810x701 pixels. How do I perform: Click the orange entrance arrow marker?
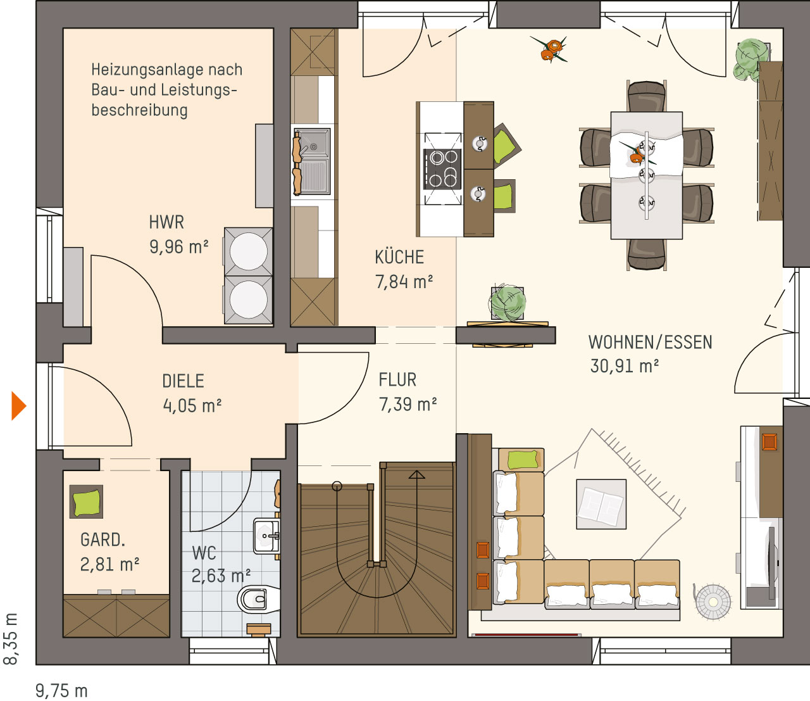tap(18, 406)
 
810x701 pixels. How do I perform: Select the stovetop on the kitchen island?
tap(443, 169)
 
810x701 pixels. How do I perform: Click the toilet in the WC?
tap(258, 598)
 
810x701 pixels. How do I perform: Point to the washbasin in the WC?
tap(266, 536)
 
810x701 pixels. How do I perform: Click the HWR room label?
tap(166, 222)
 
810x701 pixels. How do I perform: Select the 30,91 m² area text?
tap(624, 366)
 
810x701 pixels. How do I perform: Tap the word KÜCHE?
tap(399, 257)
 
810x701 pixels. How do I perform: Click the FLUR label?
tap(397, 380)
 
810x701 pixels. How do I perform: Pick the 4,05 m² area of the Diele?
tap(192, 405)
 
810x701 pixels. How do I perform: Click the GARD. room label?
tap(103, 540)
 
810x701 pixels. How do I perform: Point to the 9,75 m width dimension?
tap(61, 690)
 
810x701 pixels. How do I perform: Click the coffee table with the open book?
tap(601, 504)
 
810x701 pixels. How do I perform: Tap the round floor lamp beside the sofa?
tap(713, 602)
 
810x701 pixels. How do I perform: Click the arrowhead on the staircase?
tap(416, 475)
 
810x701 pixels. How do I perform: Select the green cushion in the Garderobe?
tap(87, 502)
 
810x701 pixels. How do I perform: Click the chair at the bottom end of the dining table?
tap(646, 254)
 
